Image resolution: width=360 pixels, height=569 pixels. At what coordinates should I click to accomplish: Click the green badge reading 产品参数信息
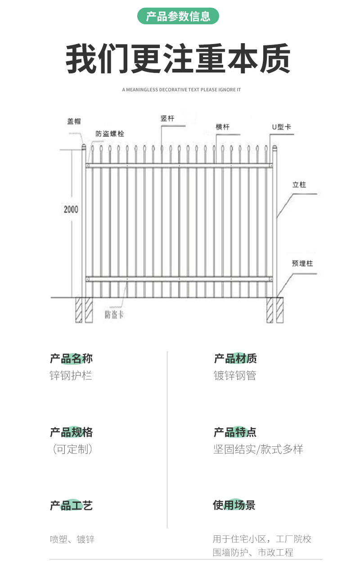178,17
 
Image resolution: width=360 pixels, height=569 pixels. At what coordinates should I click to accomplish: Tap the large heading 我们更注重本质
178,59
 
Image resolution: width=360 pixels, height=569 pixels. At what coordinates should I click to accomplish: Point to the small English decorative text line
181,90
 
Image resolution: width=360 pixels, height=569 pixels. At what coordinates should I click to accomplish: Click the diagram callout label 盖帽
74,121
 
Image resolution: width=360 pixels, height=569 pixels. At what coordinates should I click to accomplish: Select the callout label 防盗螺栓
110,134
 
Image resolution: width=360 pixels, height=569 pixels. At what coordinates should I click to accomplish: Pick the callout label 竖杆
167,118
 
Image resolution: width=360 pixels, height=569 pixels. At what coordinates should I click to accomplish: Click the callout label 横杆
222,127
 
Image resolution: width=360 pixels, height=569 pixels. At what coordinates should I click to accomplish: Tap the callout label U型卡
281,127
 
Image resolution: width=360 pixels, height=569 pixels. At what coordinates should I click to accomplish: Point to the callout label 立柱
299,184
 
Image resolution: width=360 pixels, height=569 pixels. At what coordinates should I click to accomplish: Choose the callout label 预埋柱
302,264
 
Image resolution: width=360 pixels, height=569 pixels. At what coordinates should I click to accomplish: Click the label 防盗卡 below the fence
114,314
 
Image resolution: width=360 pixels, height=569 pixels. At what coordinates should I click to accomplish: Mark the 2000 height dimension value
71,209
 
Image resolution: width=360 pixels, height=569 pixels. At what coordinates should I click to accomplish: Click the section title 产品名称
71,358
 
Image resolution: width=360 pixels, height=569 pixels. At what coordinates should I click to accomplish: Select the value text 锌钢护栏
71,375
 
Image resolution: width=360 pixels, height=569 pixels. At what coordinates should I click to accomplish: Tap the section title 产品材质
235,358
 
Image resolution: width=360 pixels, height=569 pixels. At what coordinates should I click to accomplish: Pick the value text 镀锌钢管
235,375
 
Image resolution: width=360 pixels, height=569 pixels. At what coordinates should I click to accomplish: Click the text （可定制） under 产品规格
72,449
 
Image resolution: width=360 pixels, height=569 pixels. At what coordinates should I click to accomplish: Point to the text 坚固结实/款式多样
258,449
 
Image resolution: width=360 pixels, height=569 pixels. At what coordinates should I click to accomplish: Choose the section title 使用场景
234,505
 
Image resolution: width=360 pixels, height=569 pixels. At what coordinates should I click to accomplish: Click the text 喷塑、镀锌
72,539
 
